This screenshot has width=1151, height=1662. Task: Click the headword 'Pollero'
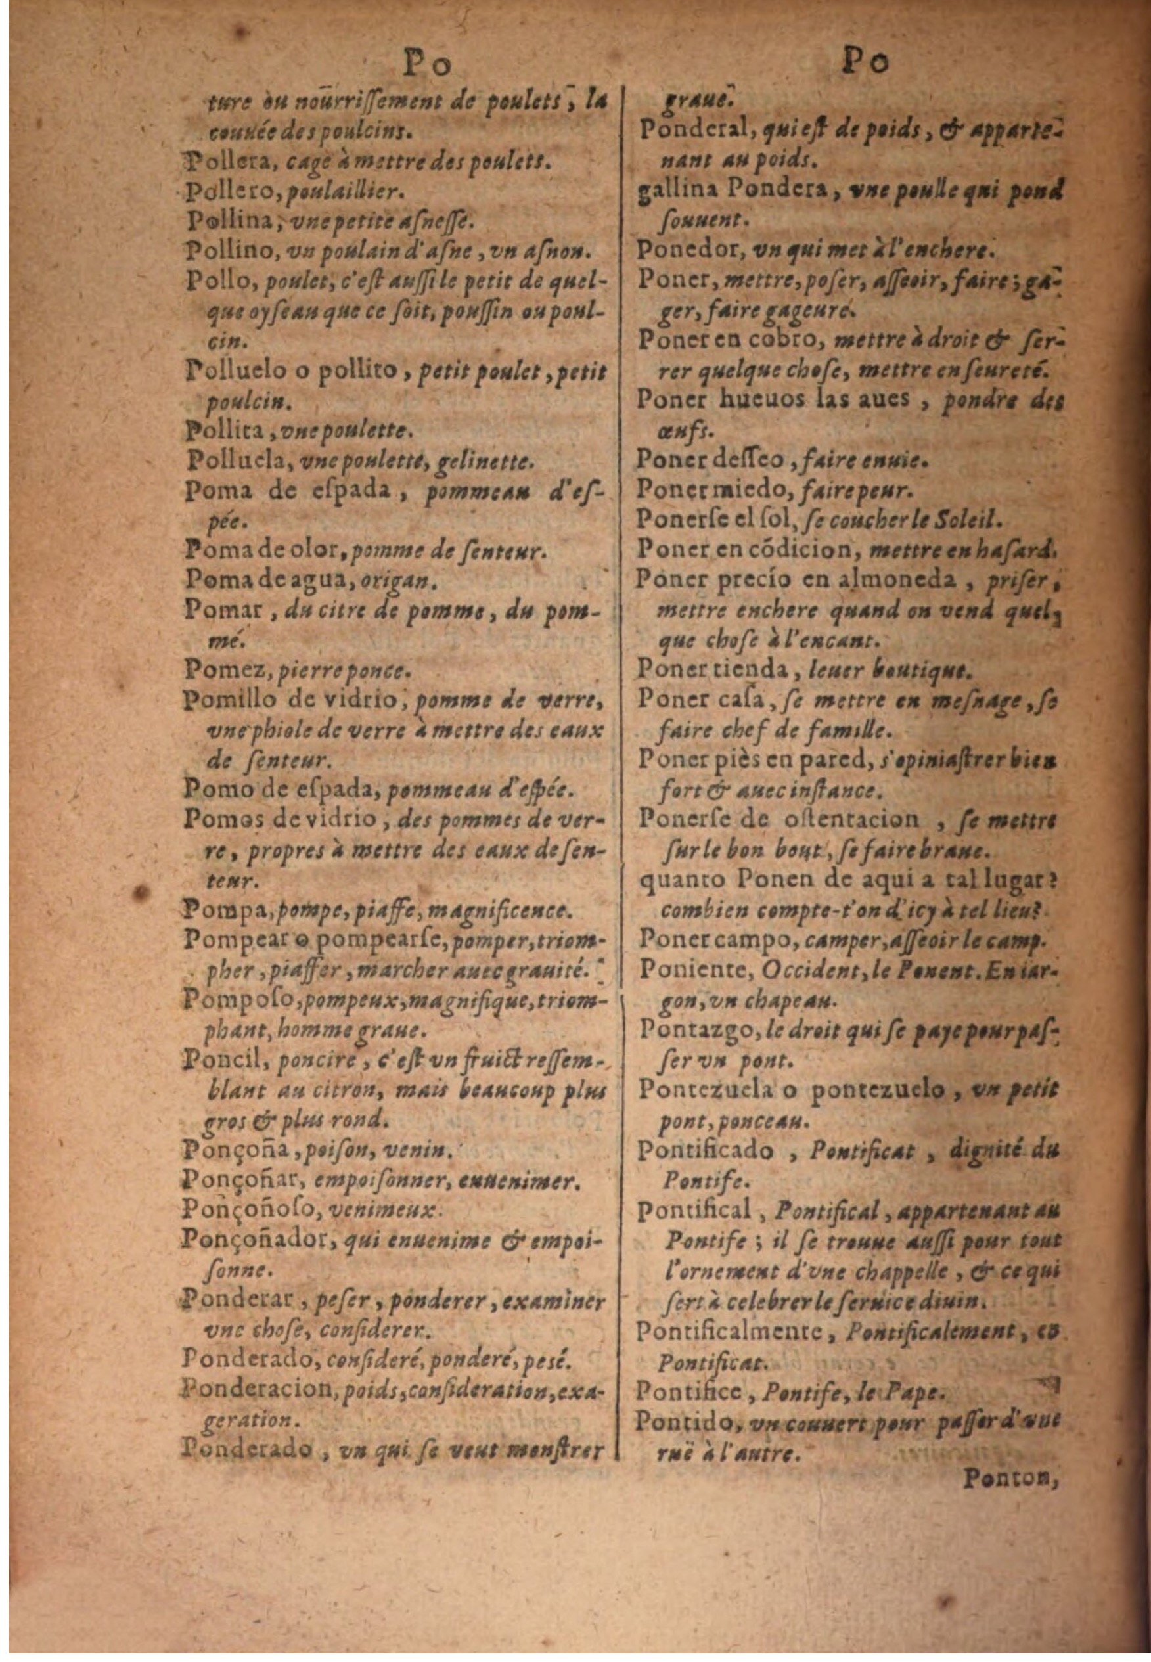click(219, 192)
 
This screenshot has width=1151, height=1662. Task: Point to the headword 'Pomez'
click(213, 671)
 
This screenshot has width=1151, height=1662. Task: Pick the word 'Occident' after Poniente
click(795, 970)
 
